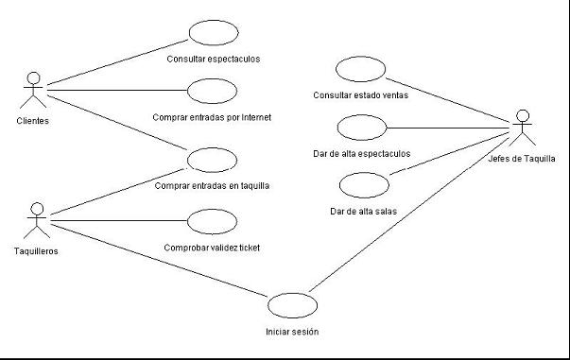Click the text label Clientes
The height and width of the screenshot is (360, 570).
[x=33, y=121]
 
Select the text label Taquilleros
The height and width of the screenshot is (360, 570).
[x=36, y=251]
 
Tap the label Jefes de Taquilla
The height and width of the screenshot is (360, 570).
[x=522, y=159]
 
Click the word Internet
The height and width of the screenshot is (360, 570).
[x=256, y=117]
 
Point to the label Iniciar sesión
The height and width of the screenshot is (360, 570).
[x=292, y=332]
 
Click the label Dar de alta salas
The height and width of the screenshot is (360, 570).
[x=364, y=212]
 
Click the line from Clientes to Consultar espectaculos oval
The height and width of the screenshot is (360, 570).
[x=118, y=62]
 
